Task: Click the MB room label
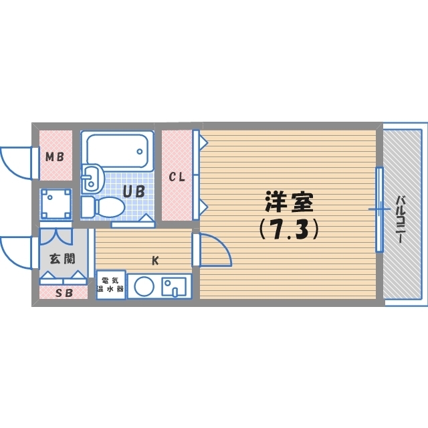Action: [x=54, y=158]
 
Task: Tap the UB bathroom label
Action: [x=132, y=191]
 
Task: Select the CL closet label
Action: [x=176, y=177]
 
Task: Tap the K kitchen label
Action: [x=155, y=260]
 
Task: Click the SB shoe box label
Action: [x=63, y=292]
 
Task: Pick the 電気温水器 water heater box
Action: [x=110, y=285]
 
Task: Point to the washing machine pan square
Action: [x=56, y=203]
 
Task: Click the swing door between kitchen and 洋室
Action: [x=213, y=250]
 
